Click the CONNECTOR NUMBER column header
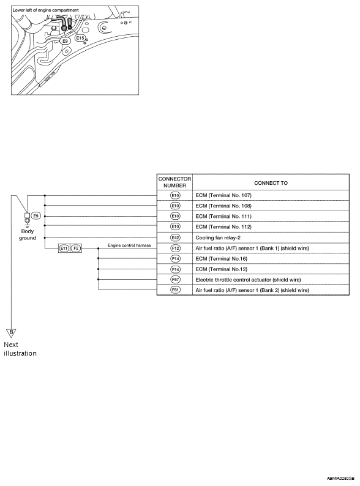pos(174,182)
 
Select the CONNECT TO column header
pos(271,183)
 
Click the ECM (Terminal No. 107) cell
pos(223,195)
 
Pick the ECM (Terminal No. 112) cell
pos(223,227)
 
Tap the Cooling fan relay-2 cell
pos(218,237)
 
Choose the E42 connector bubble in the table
pos(175,237)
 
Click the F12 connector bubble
pos(175,249)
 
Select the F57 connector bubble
pos(175,280)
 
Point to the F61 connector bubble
pos(175,290)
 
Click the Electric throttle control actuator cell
pos(248,280)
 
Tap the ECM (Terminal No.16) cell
pos(222,258)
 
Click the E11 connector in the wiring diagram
pos(64,249)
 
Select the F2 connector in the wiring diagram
pos(76,249)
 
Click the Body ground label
pos(28,234)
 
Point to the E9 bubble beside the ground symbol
pos(36,215)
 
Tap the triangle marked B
pos(11,333)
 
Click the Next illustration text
pos(20,349)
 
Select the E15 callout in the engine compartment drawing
pos(80,38)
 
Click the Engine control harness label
pos(129,245)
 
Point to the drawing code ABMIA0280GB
pos(340,479)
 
